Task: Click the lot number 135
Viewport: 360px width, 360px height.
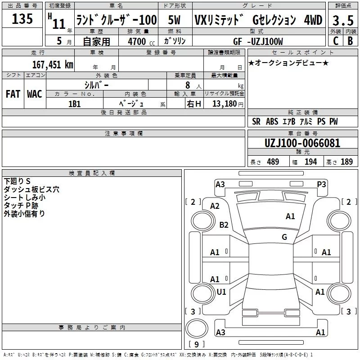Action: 22,19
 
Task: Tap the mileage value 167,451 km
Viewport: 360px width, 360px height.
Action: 52,64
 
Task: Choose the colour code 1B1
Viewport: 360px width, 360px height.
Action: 74,103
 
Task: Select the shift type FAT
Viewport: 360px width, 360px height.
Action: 13,94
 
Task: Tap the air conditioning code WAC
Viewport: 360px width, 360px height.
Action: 34,94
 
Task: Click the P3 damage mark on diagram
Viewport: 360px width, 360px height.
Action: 321,184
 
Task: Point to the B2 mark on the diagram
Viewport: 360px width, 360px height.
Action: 224,225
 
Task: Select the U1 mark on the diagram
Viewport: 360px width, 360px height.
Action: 221,292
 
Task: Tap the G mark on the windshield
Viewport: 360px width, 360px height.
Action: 284,237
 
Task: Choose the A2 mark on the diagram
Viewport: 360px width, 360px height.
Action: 215,206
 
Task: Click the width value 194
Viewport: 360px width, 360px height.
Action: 310,162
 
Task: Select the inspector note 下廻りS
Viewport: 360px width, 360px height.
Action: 17,181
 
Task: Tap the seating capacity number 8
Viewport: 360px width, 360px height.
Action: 186,85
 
